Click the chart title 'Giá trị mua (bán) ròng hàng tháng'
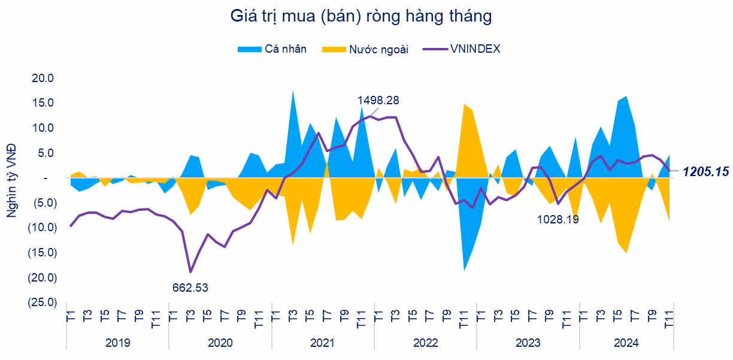(361, 16)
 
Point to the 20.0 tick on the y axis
(44, 78)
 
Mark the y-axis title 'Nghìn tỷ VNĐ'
(12, 179)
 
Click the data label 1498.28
(378, 100)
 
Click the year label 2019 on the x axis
(117, 343)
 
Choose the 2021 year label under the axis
(322, 343)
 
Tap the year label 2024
(626, 343)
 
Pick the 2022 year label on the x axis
(425, 343)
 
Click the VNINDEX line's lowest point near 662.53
(190, 271)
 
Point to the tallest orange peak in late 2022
(464, 104)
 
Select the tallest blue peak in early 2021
(293, 91)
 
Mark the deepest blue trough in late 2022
(464, 270)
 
